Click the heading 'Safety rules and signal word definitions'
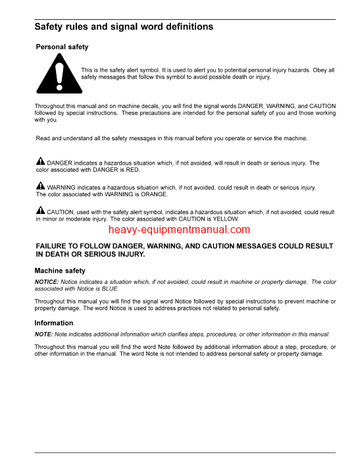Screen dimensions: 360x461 124,28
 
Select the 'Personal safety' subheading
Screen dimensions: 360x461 62,47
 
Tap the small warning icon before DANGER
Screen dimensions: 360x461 40,162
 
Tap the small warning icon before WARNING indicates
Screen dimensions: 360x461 40,187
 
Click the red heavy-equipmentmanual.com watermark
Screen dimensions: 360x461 180,230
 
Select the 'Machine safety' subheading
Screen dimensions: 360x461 60,271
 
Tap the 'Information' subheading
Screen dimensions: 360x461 54,323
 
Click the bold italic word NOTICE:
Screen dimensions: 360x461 47,282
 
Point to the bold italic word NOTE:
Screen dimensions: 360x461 43,334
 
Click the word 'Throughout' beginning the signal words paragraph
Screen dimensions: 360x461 51,106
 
